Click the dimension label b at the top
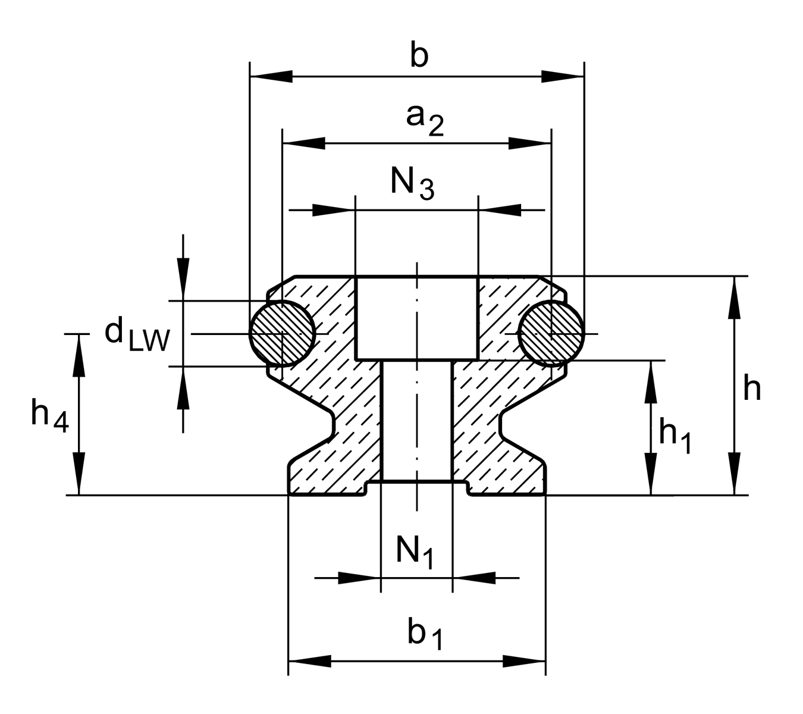pyautogui.click(x=419, y=57)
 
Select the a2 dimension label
pyautogui.click(x=424, y=119)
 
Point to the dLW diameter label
pyautogui.click(x=137, y=335)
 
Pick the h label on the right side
pyautogui.click(x=752, y=390)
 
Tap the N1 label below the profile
pyautogui.click(x=415, y=552)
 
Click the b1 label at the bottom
pyautogui.click(x=425, y=635)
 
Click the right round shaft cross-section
pyautogui.click(x=551, y=333)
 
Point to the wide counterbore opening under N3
pyautogui.click(x=416, y=318)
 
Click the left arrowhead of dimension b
pyautogui.click(x=271, y=77)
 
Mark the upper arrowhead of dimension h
pyautogui.click(x=735, y=297)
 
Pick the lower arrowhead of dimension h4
pyautogui.click(x=79, y=474)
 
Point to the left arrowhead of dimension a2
pyautogui.click(x=304, y=143)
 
